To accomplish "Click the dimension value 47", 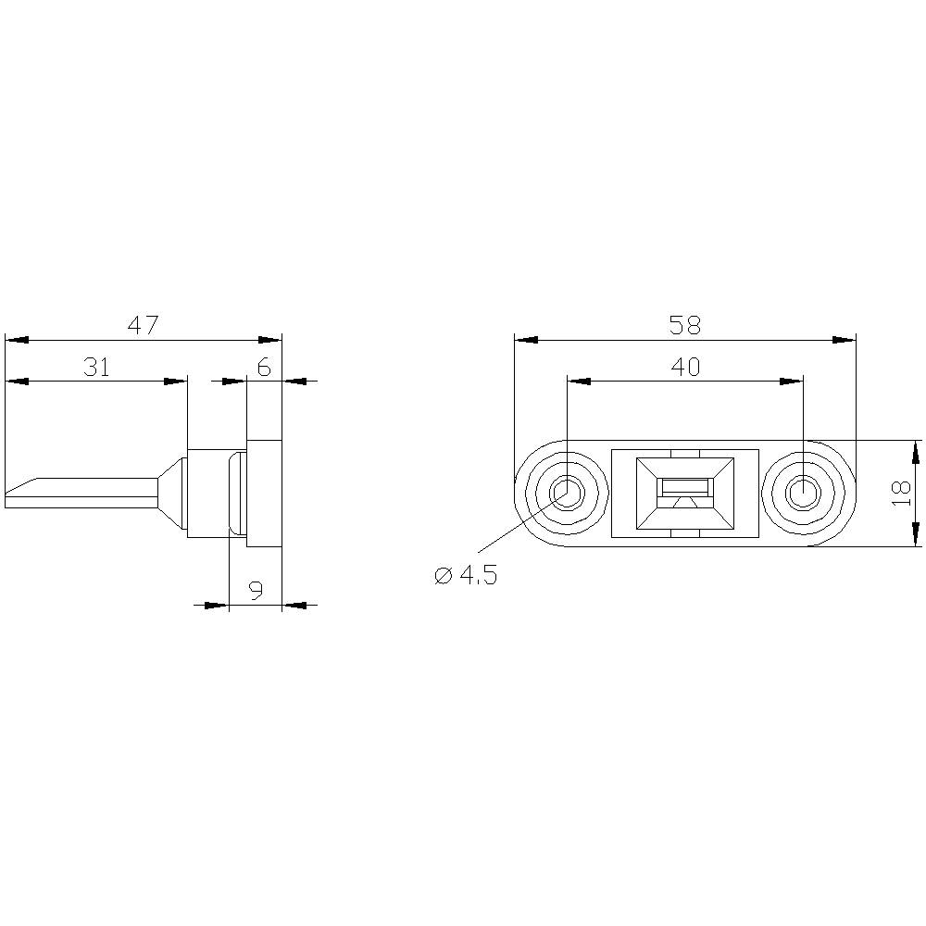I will tap(143, 325).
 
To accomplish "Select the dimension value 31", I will tap(96, 367).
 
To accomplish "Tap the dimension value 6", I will tap(264, 368).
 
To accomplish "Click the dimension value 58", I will tap(684, 325).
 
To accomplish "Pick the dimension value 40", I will tap(684, 367).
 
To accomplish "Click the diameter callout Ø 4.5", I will tap(466, 575).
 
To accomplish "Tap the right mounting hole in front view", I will tap(802, 493).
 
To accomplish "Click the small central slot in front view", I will tap(684, 487).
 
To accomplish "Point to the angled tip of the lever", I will tap(23, 486).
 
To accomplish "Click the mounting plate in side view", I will tap(264, 493).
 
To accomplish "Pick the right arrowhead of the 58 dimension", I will tap(844, 340).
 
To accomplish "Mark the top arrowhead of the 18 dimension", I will tap(915, 453).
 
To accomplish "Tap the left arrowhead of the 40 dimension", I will tap(578, 381).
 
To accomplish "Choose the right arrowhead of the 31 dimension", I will tap(175, 381).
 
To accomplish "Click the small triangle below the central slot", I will tap(684, 503).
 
